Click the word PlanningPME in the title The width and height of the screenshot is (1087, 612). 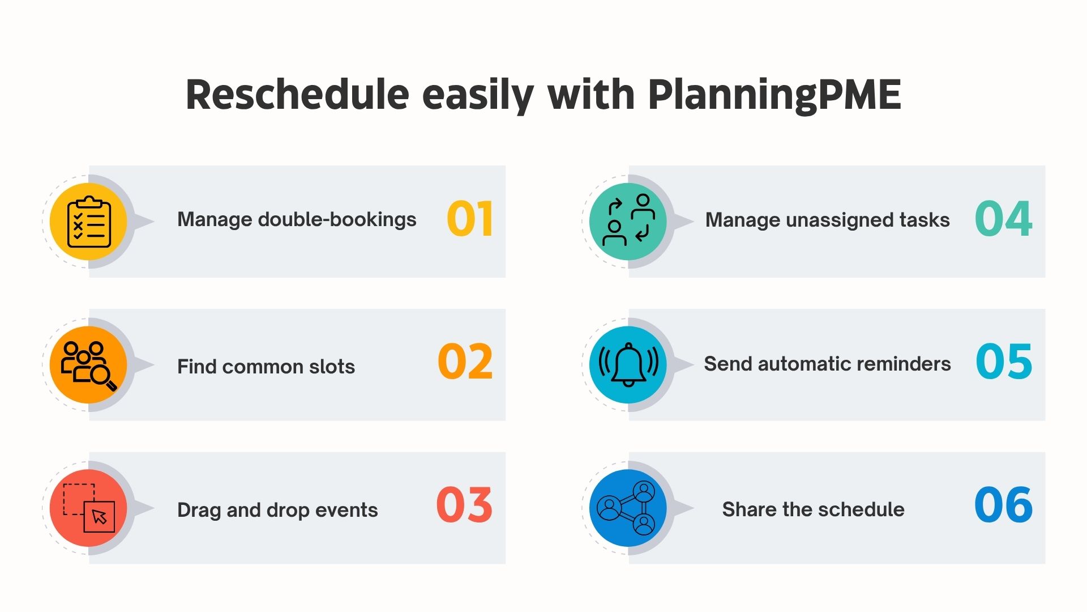click(x=774, y=95)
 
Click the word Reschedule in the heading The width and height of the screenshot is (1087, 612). click(x=297, y=94)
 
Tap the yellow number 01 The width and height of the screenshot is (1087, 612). click(x=469, y=219)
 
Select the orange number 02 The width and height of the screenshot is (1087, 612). click(x=465, y=362)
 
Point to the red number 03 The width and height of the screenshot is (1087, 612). click(x=464, y=505)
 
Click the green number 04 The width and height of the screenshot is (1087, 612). click(x=1003, y=219)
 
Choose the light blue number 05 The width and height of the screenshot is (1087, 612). click(x=1004, y=362)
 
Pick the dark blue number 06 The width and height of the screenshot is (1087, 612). click(x=1003, y=505)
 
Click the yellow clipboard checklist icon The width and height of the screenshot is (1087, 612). click(x=89, y=222)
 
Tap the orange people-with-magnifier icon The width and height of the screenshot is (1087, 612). click(x=89, y=365)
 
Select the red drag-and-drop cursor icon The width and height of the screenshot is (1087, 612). click(x=89, y=508)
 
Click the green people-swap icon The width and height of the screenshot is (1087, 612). click(x=628, y=222)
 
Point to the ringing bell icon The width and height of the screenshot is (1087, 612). click(x=628, y=365)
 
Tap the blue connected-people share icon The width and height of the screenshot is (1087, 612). click(x=628, y=508)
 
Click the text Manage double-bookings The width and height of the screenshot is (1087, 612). click(x=297, y=220)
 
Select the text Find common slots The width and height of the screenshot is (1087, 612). click(x=266, y=367)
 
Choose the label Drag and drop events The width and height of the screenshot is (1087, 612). click(x=277, y=510)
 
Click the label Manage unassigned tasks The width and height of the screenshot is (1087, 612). click(x=827, y=220)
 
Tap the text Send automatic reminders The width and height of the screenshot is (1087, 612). click(x=827, y=364)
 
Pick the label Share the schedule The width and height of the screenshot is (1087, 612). click(x=813, y=509)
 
